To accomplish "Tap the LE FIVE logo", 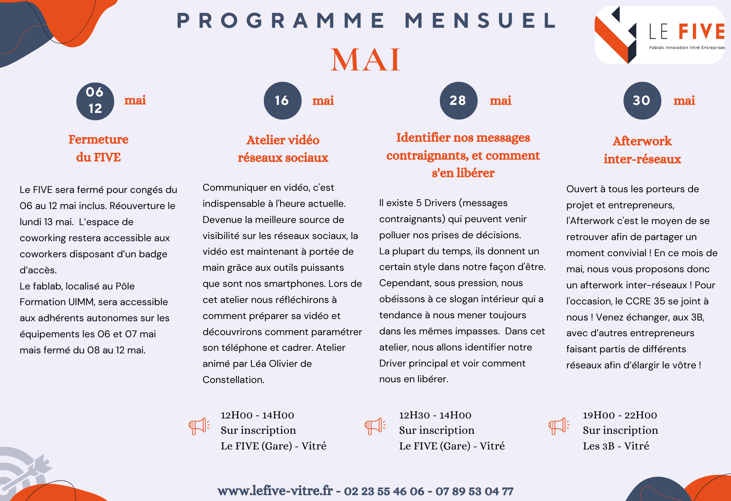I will coord(660,35).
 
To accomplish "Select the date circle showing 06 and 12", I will coord(95,101).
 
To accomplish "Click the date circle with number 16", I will coord(282,100).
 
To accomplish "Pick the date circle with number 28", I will coord(458,100).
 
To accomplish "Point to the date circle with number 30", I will coord(642,100).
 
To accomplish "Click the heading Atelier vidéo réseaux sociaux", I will coord(283,149).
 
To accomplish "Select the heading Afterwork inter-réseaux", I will coord(642,150).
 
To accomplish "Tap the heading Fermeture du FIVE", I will coord(98,148).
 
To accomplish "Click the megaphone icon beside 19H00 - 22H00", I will coord(558,426).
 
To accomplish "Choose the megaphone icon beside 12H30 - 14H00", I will coord(375,426).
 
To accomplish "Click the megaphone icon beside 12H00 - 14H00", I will coord(199,426).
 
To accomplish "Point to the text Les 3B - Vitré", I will coord(616,446).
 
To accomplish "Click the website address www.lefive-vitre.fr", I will coord(275,491).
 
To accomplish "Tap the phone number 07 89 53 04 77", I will coord(474,491).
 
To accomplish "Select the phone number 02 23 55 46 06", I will coord(384,491).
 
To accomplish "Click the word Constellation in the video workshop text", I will coord(233,380).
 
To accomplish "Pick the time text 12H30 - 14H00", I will coord(435,415).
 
